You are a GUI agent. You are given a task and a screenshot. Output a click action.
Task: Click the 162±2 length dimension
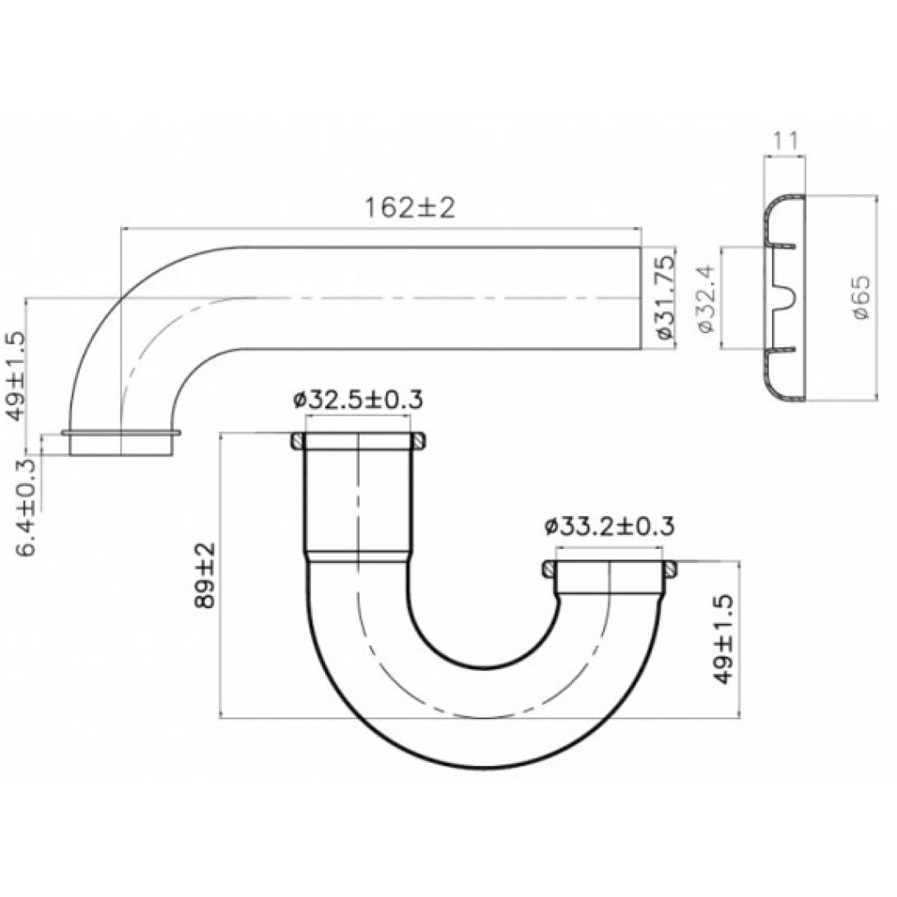410,207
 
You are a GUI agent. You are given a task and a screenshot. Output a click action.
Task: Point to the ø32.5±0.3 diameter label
358,400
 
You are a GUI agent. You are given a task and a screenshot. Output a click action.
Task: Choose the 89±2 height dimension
204,575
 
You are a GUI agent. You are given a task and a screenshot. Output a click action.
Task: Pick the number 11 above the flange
785,141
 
